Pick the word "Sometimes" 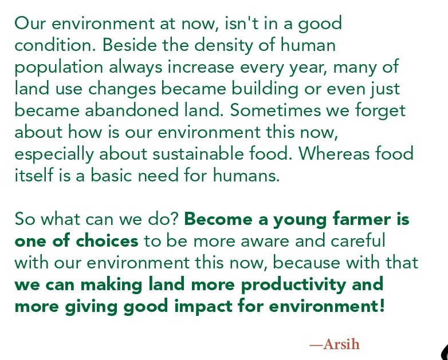click(x=276, y=110)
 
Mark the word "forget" click(x=380, y=112)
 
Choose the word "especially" click(x=54, y=155)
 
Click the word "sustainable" click(x=198, y=153)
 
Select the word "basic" click(x=111, y=175)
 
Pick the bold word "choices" click(x=107, y=240)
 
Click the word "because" click(x=306, y=262)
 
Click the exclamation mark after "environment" click(x=382, y=306)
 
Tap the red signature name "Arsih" click(x=341, y=344)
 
